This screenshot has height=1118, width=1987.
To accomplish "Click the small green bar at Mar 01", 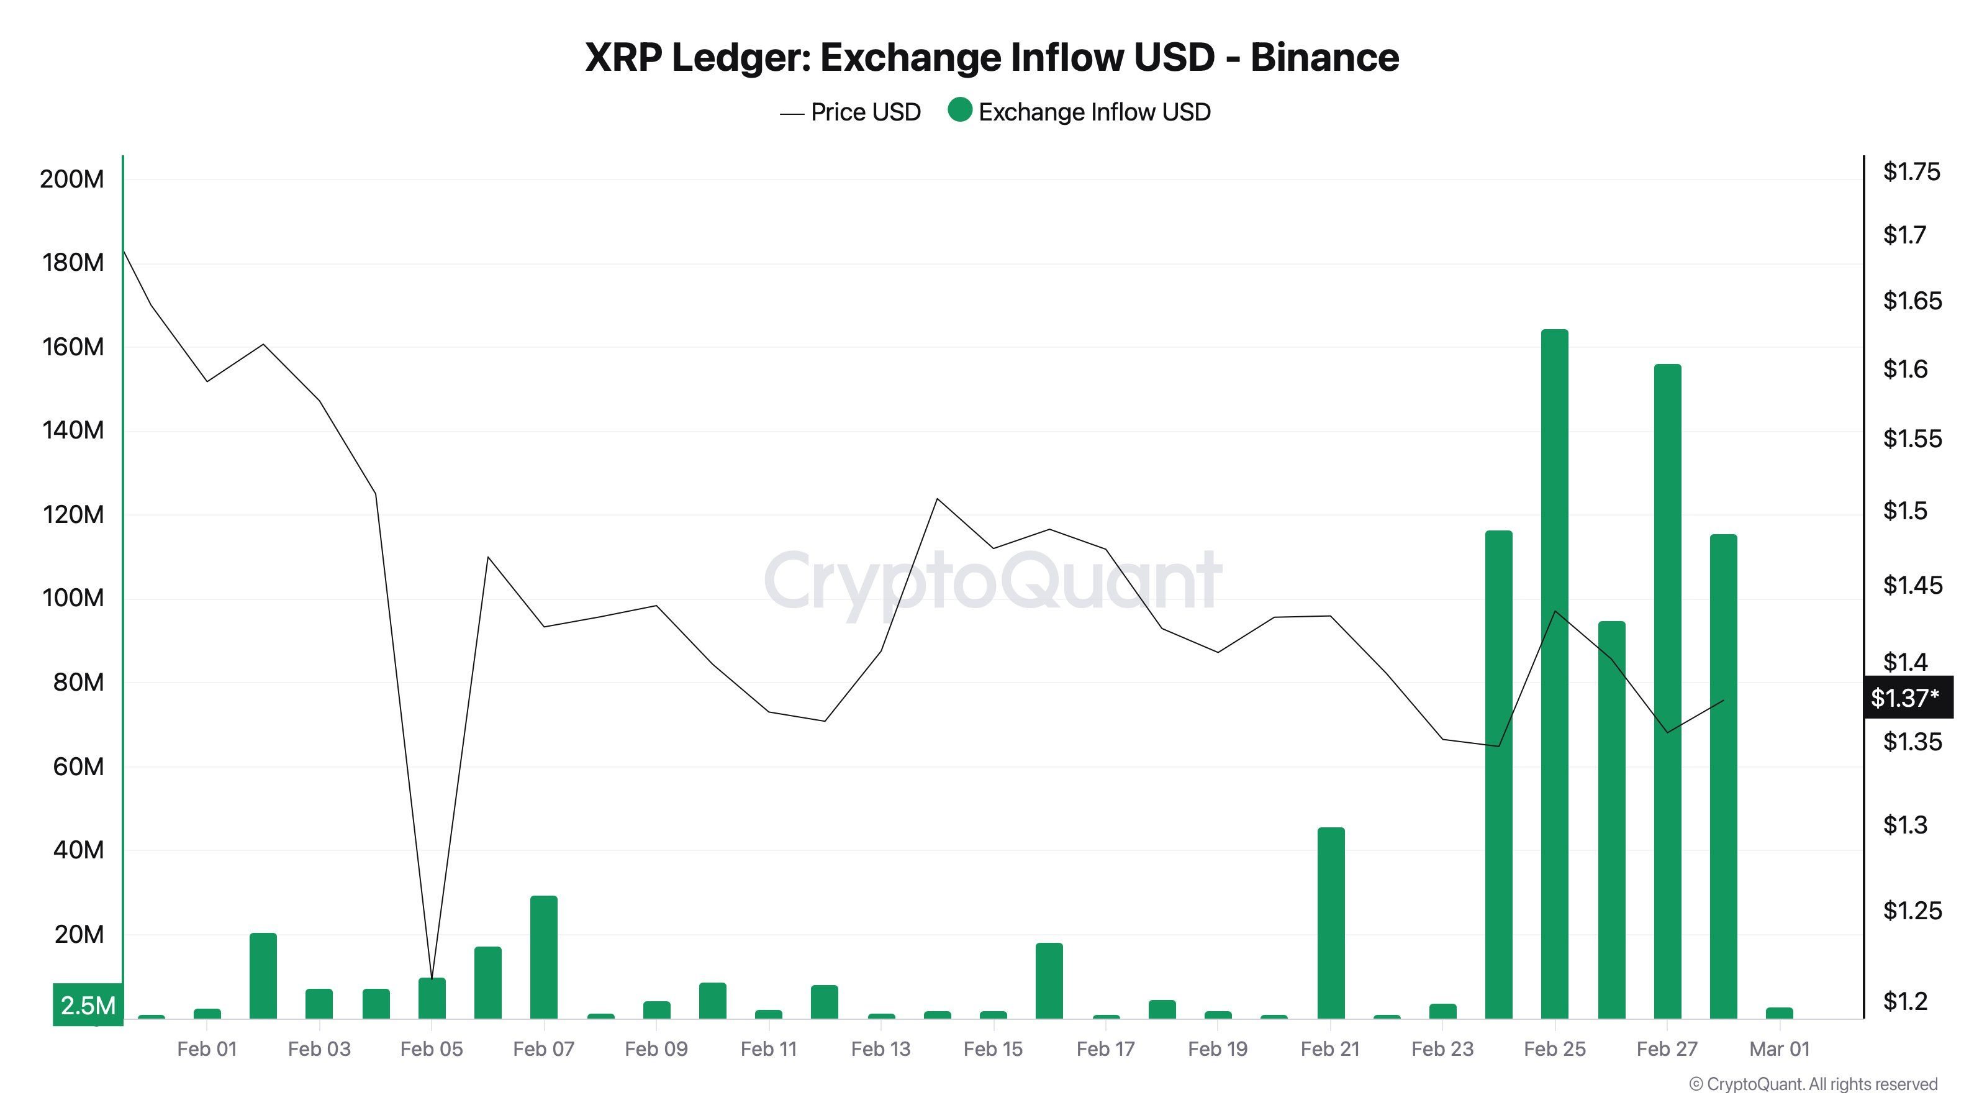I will pos(1780,1012).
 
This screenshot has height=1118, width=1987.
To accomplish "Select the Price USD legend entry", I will pos(850,112).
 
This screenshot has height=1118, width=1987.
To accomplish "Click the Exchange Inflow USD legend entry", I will pos(1080,112).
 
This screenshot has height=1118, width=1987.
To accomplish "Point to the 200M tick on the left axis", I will pos(72,179).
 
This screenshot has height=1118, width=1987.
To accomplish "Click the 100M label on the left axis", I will pos(72,598).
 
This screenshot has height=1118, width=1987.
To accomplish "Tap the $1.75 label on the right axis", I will pos(1911,171).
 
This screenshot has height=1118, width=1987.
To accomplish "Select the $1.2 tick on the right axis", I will pos(1904,1001).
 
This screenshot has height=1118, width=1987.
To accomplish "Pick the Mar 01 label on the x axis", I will pos(1779,1048).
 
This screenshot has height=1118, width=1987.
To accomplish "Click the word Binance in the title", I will pos(1324,57).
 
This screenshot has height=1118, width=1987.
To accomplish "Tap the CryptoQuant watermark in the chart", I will pos(993,580).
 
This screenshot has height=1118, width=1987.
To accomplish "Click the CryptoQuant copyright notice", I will pos(1813,1084).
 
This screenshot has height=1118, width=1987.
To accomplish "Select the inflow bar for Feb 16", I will pos(1049,980).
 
